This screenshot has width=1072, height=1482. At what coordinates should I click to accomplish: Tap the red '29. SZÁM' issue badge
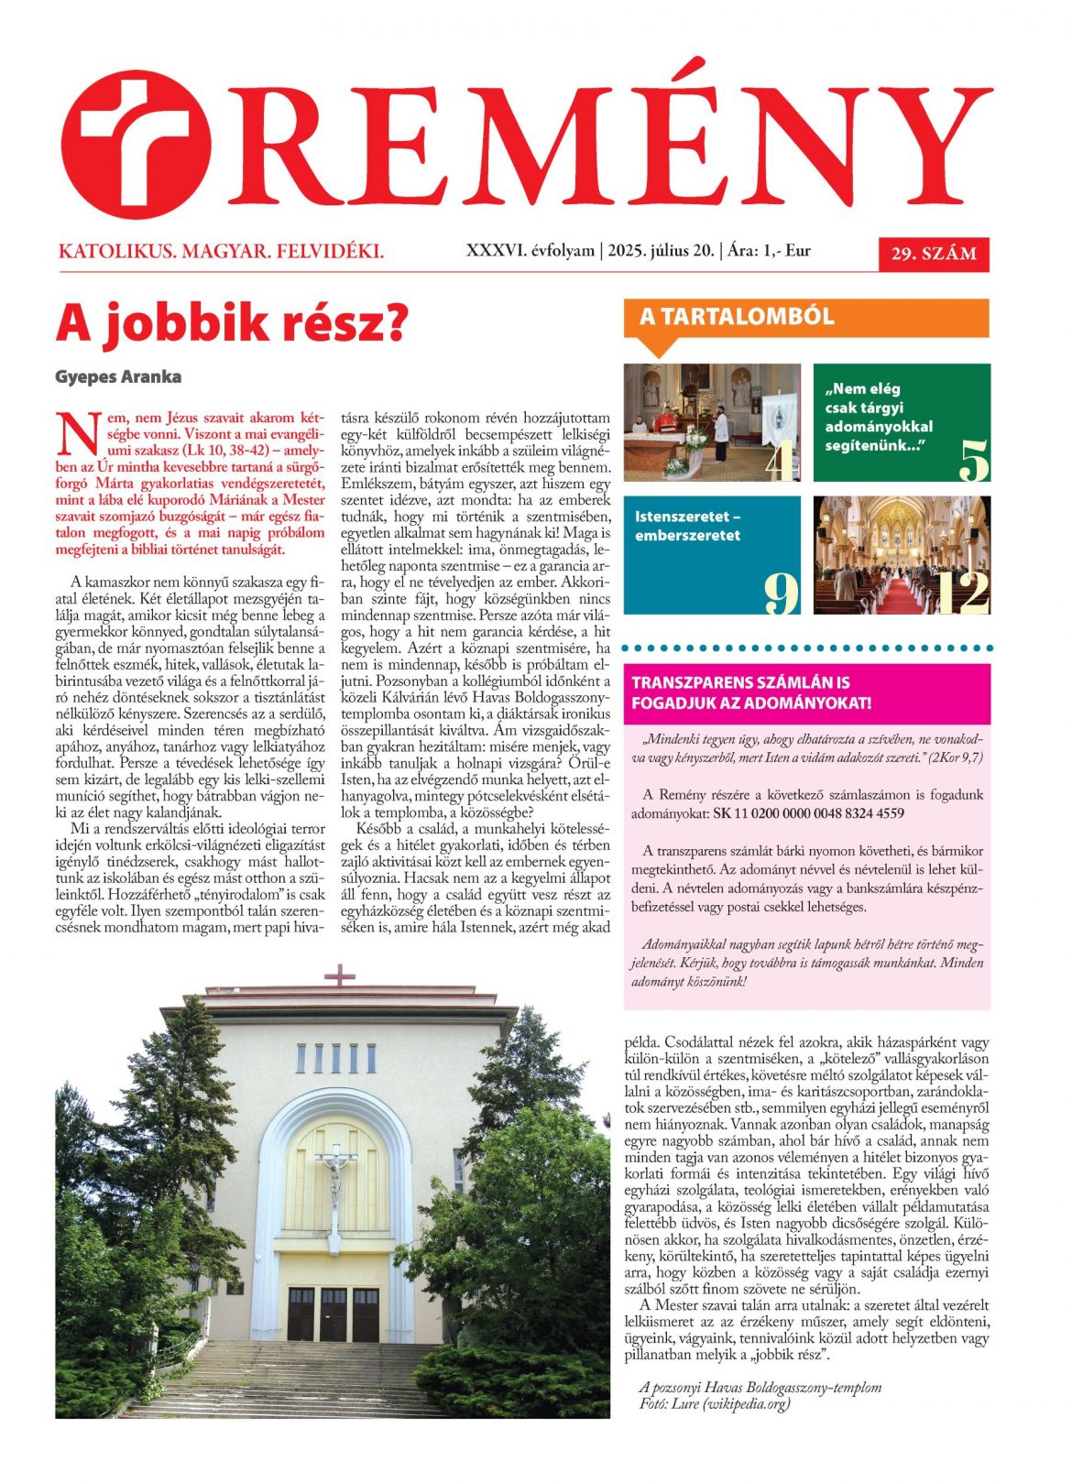[x=934, y=254]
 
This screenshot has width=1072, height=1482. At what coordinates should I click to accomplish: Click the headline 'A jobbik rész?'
[x=231, y=324]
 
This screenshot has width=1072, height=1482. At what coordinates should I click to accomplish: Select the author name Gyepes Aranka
[x=118, y=376]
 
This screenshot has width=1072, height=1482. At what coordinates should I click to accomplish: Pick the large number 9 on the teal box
[x=782, y=593]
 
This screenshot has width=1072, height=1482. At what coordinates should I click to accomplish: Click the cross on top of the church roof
[x=340, y=975]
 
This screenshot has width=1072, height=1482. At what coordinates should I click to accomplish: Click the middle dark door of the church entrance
[x=334, y=1313]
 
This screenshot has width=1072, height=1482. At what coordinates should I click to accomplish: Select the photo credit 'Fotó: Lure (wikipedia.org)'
[x=714, y=1403]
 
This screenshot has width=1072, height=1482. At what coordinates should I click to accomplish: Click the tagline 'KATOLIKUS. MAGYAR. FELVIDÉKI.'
[x=221, y=251]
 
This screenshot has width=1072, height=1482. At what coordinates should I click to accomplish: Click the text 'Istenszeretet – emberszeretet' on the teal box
[x=688, y=526]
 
